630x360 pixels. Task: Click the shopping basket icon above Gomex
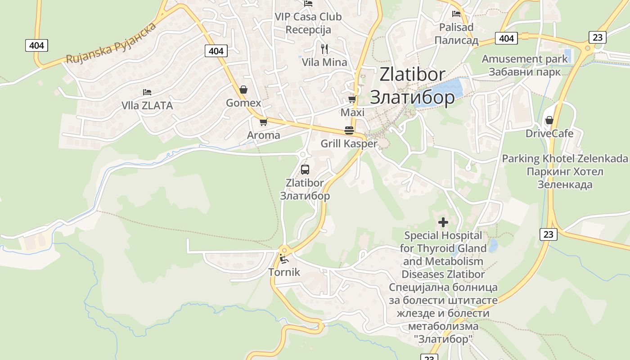tap(243, 90)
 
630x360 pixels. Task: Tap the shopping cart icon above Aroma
tap(264, 122)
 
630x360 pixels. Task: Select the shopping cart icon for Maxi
tap(352, 99)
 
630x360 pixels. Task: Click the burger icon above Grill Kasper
tap(349, 130)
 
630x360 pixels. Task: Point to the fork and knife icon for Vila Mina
tap(324, 49)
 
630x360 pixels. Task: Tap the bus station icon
tap(305, 170)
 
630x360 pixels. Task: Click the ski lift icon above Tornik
tap(283, 259)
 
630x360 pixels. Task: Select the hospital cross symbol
tap(443, 222)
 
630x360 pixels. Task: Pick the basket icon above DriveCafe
tap(549, 120)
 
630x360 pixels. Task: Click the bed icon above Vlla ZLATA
tap(147, 92)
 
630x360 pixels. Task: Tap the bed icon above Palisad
tap(456, 14)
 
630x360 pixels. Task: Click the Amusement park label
tap(525, 59)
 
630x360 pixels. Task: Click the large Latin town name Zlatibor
tap(412, 75)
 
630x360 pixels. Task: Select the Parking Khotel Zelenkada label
tap(564, 159)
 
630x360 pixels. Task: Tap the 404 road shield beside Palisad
tap(506, 38)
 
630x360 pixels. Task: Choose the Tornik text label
tap(284, 272)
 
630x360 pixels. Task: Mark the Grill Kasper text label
tap(349, 144)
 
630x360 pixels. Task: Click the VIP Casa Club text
tap(308, 17)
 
